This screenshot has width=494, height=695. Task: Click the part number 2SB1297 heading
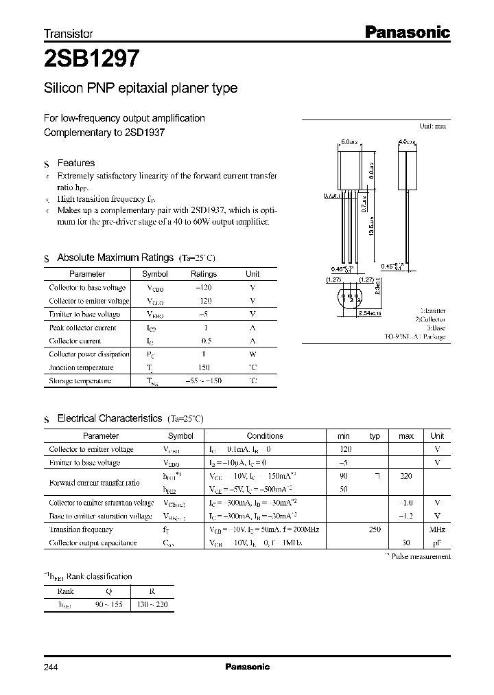click(x=93, y=59)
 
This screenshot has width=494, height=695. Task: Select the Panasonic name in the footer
click(x=248, y=667)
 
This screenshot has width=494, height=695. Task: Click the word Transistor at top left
click(x=69, y=33)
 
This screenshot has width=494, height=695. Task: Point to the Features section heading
click(x=75, y=163)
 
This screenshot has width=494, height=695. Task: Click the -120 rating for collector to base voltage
click(x=203, y=288)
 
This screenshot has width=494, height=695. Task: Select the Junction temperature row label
click(x=81, y=367)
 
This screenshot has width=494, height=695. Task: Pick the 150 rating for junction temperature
click(x=203, y=367)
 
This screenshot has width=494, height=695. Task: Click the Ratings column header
click(x=203, y=274)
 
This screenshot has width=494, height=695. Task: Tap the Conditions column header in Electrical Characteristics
click(x=265, y=436)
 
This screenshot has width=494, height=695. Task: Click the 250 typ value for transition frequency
click(x=375, y=529)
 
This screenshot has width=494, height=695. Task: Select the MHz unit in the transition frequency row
click(x=437, y=529)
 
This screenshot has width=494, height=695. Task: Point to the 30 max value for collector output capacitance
click(x=406, y=543)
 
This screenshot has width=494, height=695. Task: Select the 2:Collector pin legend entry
click(x=430, y=320)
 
